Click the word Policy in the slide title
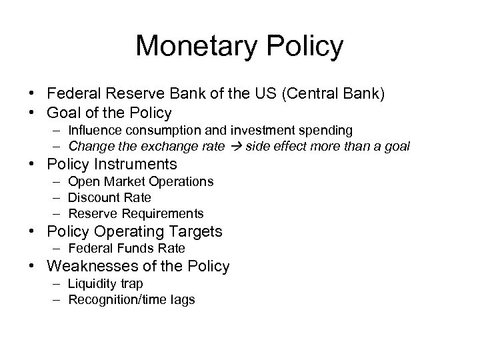coord(305,47)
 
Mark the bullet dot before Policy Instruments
coord(36,164)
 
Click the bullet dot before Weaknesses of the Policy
coord(36,267)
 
